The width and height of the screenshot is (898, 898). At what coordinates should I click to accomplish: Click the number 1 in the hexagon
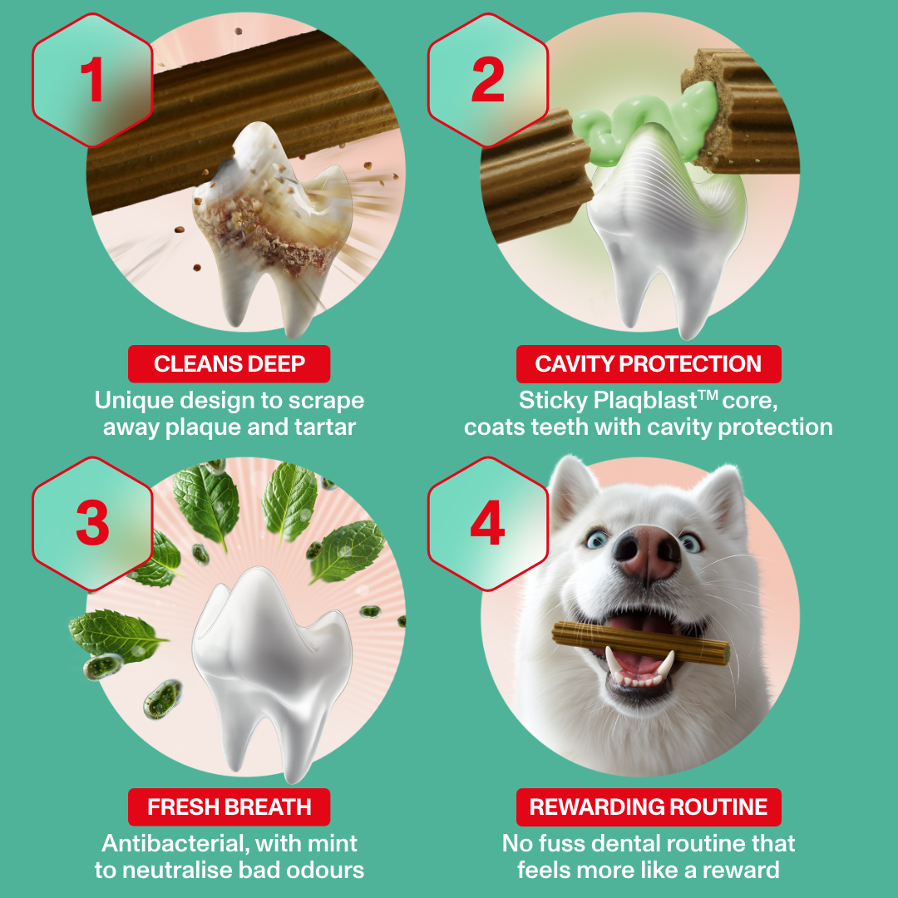92,80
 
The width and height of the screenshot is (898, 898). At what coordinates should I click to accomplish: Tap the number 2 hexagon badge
488,80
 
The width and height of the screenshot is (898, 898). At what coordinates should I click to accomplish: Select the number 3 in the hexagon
92,522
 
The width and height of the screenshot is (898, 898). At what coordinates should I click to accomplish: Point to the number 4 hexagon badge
488,522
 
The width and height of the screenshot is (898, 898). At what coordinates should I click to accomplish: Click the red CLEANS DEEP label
229,364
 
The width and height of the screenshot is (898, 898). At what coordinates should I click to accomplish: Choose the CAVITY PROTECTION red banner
648,364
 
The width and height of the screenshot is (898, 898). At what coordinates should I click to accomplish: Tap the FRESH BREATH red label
229,807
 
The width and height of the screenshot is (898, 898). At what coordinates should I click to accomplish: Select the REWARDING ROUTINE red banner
648,807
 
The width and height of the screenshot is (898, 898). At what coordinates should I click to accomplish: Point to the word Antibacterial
175,843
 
